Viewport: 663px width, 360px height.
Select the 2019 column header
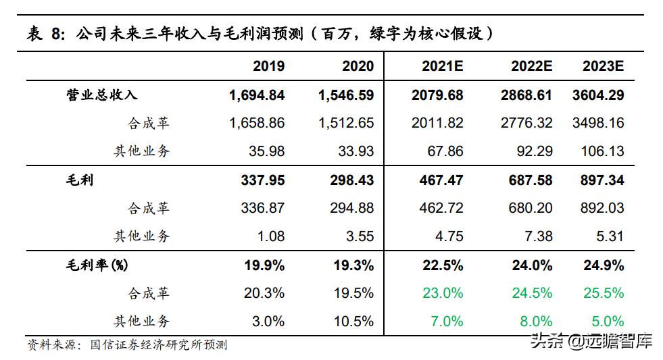point(268,66)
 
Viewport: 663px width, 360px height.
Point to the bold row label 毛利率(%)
point(95,265)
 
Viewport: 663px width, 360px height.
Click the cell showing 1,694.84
point(257,95)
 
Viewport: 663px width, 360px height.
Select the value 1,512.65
point(346,123)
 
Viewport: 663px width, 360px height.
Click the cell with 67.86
point(445,151)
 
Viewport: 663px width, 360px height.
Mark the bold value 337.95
point(262,180)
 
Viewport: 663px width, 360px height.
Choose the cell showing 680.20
point(531,208)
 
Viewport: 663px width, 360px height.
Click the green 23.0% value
point(443,293)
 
